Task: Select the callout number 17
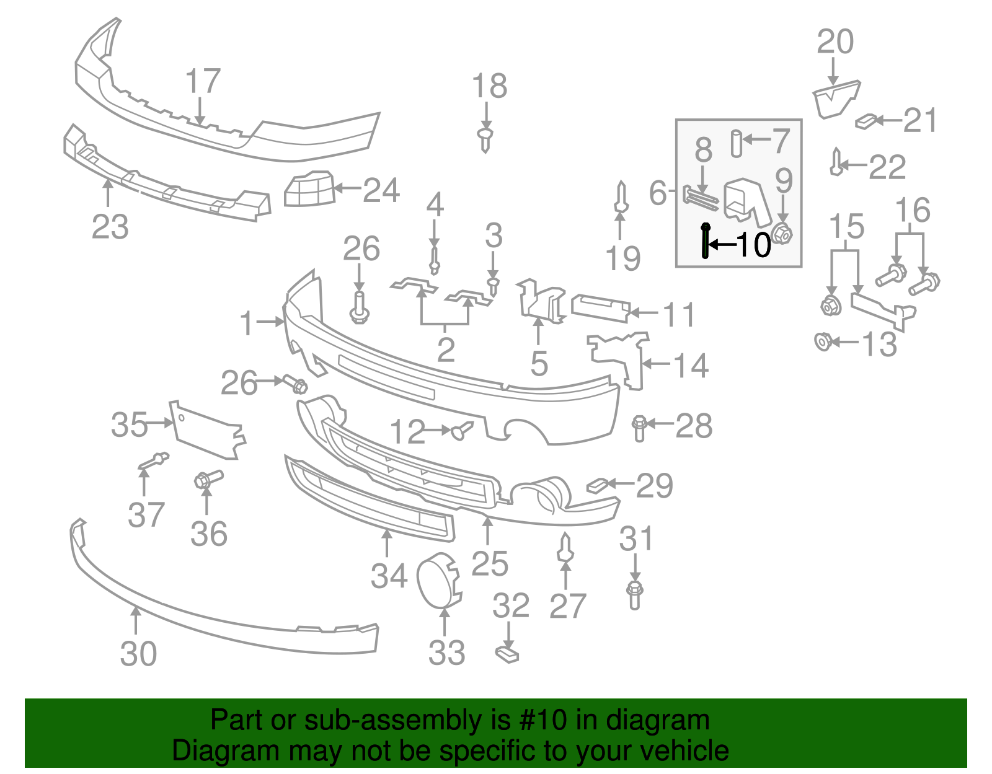(x=203, y=81)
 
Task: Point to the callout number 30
(x=138, y=654)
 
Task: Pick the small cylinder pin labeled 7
(x=736, y=143)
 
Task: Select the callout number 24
(x=381, y=190)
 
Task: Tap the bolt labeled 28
(x=639, y=428)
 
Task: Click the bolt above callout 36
(x=208, y=479)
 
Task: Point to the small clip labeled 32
(x=507, y=654)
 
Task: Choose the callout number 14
(x=691, y=365)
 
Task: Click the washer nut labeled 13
(x=822, y=341)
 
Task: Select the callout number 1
(x=247, y=323)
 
